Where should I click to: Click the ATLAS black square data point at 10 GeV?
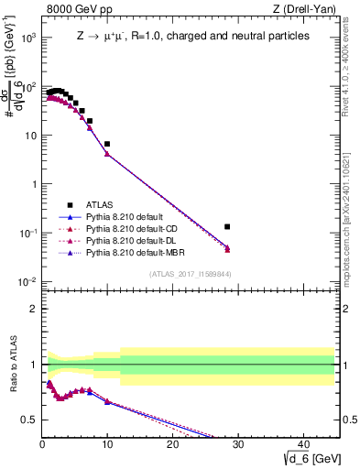(107, 144)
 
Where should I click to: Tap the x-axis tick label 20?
(172, 442)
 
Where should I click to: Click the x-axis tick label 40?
(302, 442)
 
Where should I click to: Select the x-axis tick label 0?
(42, 442)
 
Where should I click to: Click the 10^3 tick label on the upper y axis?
(28, 38)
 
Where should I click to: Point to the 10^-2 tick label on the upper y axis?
(28, 281)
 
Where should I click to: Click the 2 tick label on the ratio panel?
(33, 309)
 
